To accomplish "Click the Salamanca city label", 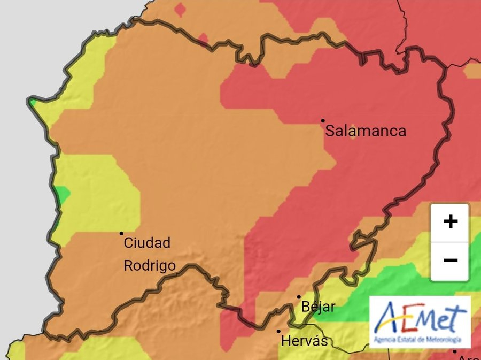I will (366, 131).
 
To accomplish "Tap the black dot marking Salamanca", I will (323, 120).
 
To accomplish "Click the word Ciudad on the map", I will (147, 243).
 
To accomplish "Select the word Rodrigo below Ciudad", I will (149, 265).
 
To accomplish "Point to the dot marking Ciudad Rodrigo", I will (121, 233).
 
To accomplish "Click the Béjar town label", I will (319, 307).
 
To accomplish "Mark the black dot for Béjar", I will (299, 297).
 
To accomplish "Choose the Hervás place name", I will (304, 341).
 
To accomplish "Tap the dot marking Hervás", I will (278, 331).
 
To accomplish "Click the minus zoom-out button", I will (450, 261).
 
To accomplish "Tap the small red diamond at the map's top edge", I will (181, 9).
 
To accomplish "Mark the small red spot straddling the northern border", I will (203, 39).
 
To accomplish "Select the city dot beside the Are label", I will (454, 351).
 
